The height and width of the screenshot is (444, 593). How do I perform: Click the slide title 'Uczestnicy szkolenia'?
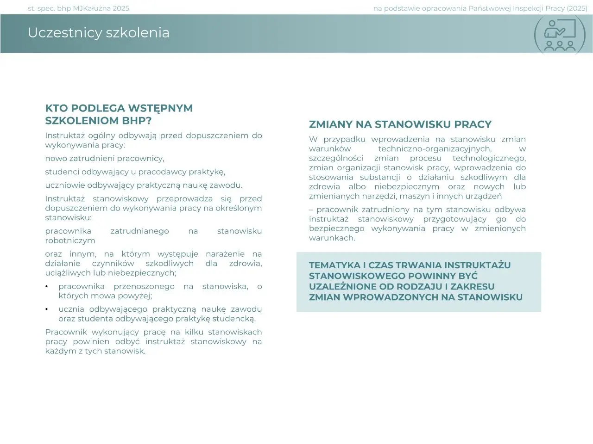98,33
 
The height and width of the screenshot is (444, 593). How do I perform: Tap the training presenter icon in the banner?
559,35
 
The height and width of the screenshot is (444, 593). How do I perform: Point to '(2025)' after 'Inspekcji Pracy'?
577,8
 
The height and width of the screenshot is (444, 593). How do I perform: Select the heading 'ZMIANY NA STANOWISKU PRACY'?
400,124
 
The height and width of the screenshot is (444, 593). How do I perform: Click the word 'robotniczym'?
70,240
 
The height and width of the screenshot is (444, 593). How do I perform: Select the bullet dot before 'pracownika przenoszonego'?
46,287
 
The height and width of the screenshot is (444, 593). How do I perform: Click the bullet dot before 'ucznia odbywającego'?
46,309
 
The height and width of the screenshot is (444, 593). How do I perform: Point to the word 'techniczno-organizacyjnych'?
434,149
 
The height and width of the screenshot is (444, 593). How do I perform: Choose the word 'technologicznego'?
489,158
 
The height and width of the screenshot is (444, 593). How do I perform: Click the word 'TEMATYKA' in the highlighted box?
334,265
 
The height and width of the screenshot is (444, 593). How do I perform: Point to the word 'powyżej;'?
135,296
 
